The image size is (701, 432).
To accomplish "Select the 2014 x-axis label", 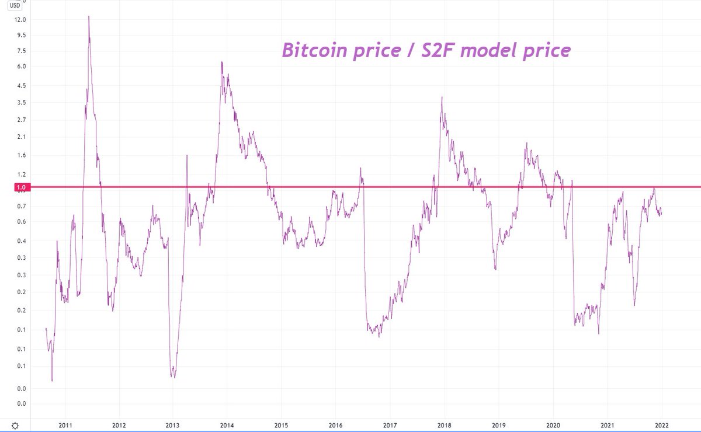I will click(227, 426).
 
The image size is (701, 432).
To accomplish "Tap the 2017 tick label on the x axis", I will click(390, 426).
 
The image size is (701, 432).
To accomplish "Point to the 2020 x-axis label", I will click(553, 426).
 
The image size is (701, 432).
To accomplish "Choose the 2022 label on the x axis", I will click(662, 426).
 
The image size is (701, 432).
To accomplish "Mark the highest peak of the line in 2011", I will click(89, 16).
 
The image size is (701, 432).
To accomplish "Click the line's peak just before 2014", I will click(221, 62).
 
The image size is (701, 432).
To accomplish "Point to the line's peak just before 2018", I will click(442, 97).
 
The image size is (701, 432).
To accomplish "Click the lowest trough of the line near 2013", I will click(173, 377).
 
